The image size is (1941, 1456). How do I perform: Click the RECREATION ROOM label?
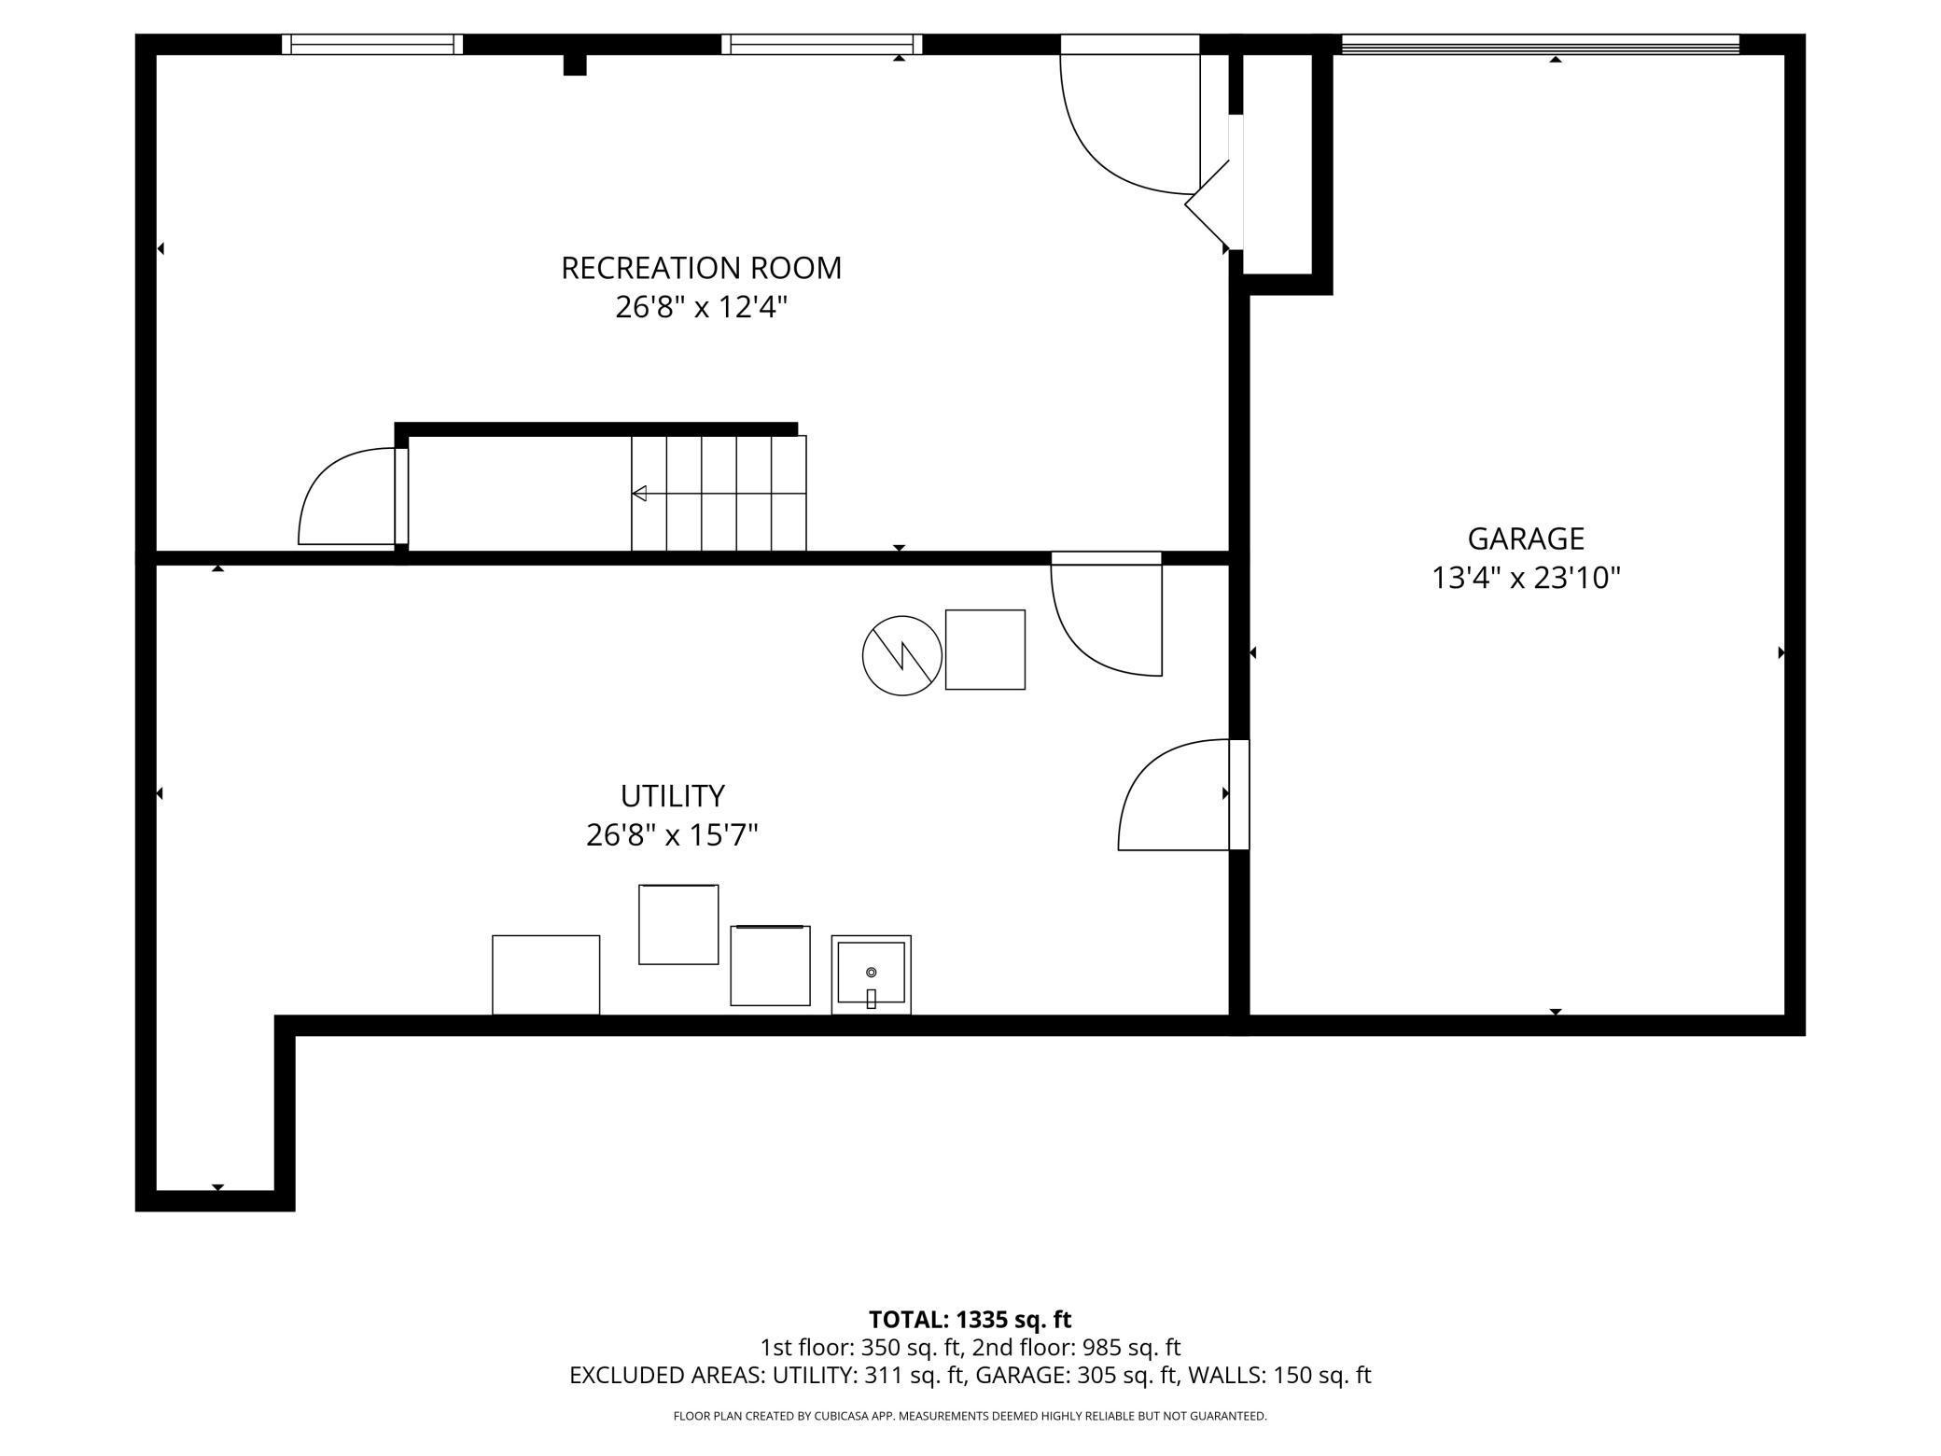click(x=701, y=269)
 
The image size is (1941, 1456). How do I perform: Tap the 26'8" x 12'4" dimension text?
click(x=701, y=307)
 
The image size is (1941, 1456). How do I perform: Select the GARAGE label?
click(x=1526, y=539)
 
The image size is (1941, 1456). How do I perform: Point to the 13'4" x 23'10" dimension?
click(x=1526, y=579)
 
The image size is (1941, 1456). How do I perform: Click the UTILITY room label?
click(x=672, y=796)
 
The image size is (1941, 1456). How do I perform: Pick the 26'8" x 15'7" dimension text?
click(x=672, y=835)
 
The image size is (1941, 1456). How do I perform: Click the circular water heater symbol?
click(x=901, y=655)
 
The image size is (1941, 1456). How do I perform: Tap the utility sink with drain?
click(x=871, y=973)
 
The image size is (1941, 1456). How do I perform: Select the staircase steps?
click(x=719, y=493)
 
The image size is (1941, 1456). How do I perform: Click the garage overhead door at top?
click(x=1540, y=44)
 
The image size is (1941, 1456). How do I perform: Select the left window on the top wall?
click(x=371, y=44)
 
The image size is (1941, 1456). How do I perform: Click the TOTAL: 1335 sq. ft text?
click(x=970, y=1320)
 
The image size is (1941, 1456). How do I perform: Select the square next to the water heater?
click(x=984, y=650)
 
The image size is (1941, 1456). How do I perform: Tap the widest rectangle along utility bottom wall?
click(x=545, y=974)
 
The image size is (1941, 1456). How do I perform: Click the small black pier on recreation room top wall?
click(x=575, y=64)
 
